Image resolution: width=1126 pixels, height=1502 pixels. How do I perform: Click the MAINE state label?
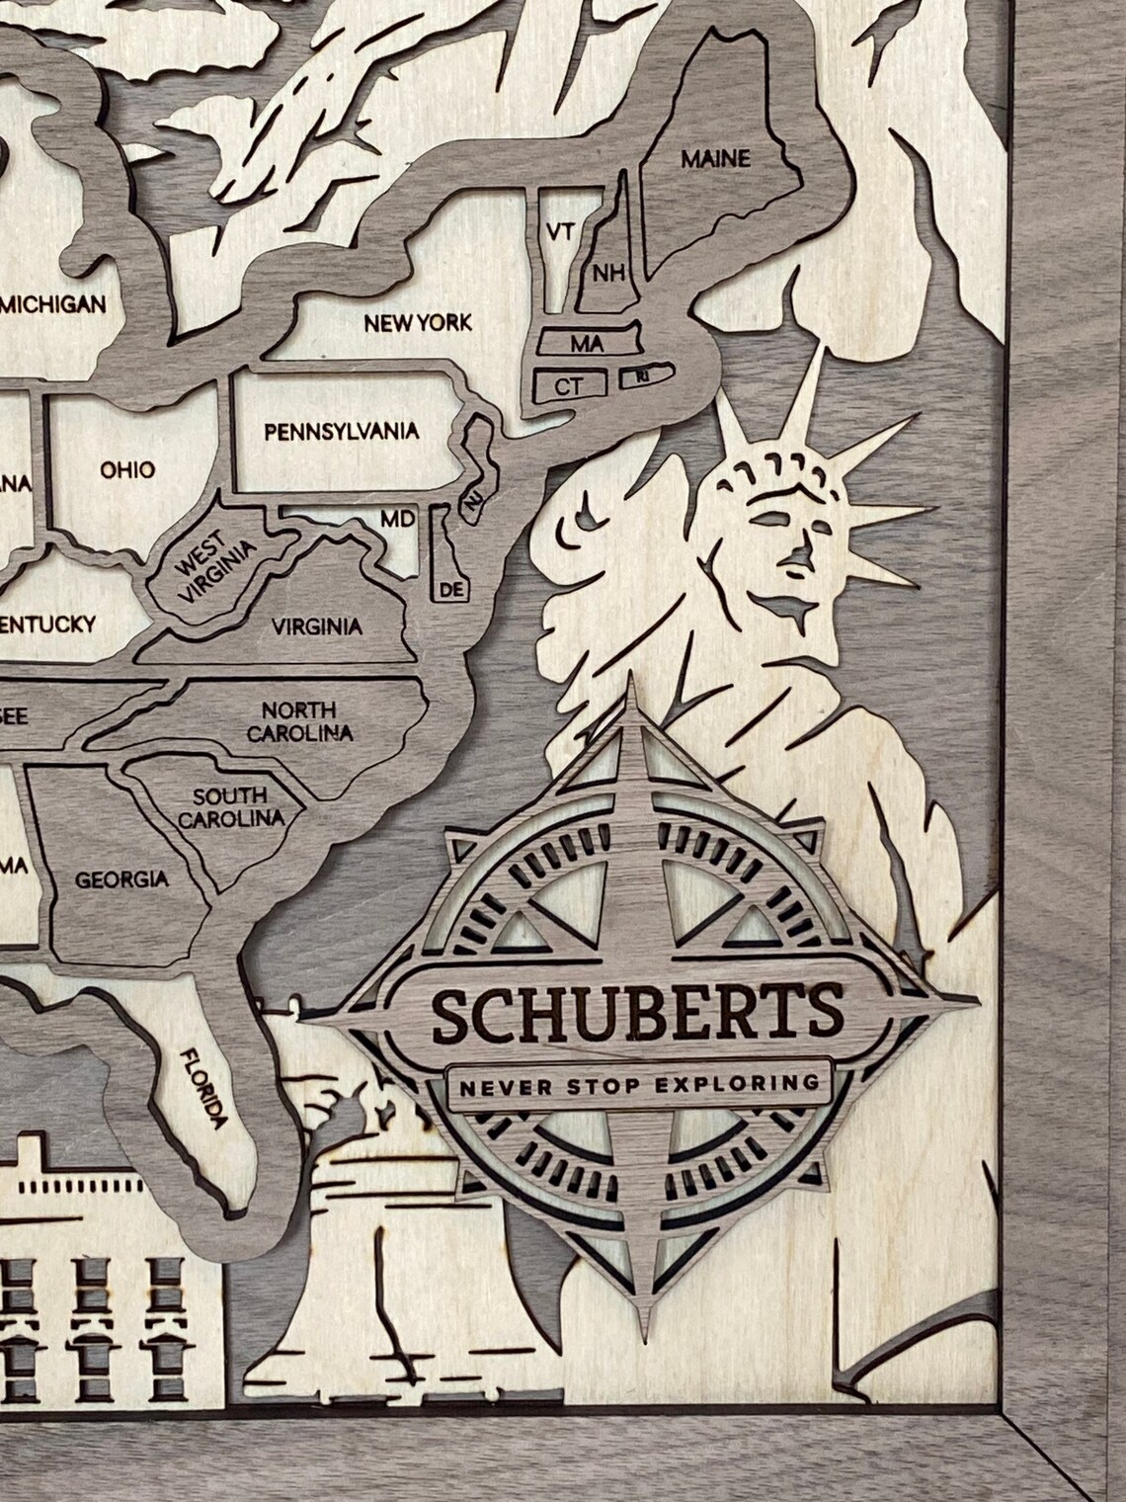(x=716, y=158)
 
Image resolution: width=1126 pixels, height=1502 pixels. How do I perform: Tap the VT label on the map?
(x=560, y=232)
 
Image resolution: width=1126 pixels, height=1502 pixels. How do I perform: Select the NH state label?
(x=608, y=272)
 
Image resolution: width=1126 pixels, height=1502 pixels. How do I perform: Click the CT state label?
(x=567, y=386)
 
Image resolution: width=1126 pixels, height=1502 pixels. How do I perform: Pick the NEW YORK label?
(x=418, y=323)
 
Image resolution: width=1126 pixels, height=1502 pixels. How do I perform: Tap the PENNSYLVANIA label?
(x=341, y=431)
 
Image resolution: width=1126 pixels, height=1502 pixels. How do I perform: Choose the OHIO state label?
(x=127, y=468)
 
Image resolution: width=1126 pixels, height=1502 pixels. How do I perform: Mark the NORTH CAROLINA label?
(x=299, y=721)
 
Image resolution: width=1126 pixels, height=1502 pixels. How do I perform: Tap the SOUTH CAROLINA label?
(x=230, y=806)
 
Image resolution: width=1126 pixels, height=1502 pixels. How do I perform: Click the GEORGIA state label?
(x=122, y=878)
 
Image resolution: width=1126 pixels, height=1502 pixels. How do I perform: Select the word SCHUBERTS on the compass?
(x=637, y=1012)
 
